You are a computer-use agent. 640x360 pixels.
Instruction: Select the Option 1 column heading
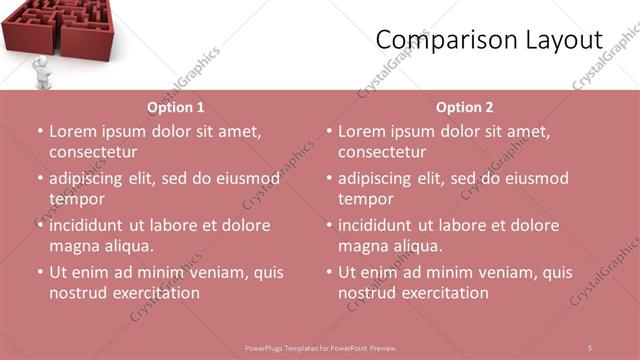[176, 107]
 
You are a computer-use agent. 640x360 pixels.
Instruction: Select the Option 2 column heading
[465, 107]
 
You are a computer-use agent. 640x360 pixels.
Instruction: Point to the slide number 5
[590, 347]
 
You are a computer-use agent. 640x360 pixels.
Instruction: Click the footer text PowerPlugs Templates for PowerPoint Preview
[320, 348]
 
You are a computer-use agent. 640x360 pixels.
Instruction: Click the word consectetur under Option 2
[381, 152]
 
